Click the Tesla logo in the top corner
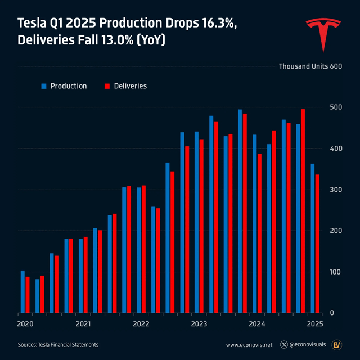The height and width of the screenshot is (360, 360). click(323, 34)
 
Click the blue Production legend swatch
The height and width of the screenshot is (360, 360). click(43, 86)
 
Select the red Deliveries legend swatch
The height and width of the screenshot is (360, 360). click(107, 86)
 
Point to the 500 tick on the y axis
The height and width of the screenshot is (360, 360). click(335, 107)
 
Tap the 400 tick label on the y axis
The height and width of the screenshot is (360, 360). click(335, 148)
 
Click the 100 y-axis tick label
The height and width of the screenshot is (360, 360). click(335, 272)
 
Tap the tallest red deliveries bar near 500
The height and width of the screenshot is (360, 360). click(303, 210)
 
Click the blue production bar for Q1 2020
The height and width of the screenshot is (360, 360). click(22, 291)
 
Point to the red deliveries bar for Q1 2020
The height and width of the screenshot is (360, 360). click(28, 294)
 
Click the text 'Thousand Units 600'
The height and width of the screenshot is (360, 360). click(310, 66)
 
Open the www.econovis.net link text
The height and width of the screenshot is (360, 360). click(249, 345)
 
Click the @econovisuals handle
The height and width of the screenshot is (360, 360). click(304, 345)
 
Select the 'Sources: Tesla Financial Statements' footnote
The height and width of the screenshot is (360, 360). click(58, 345)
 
